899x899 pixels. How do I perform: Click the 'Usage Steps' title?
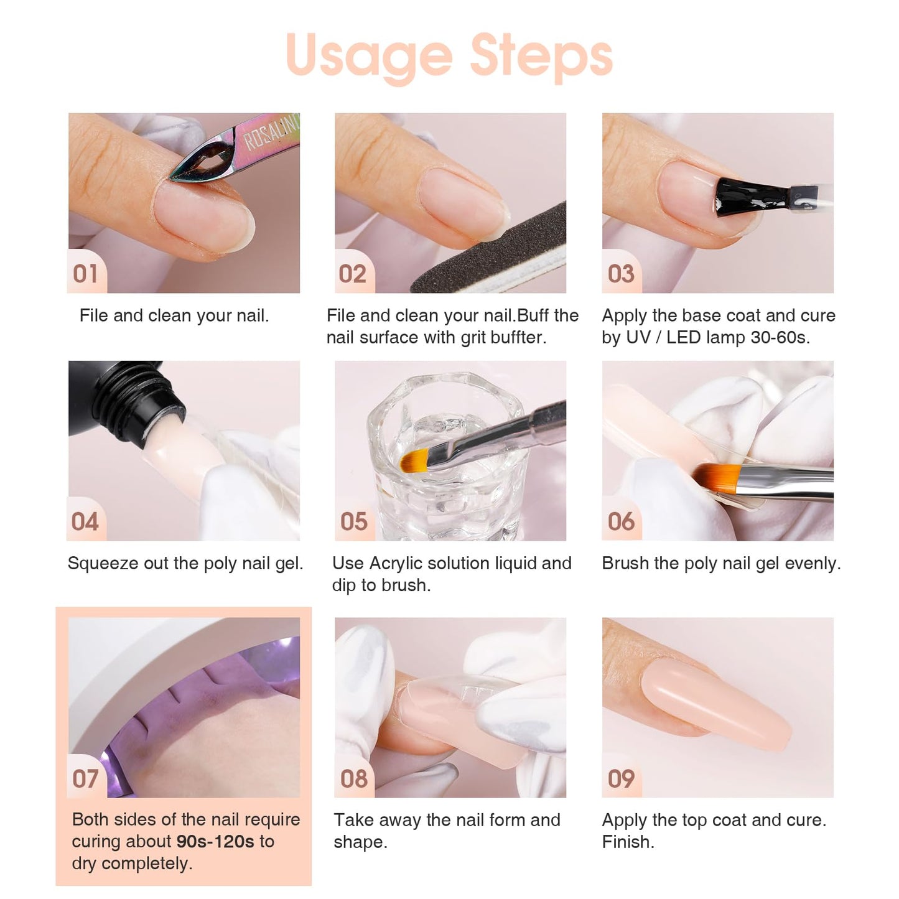[449, 56]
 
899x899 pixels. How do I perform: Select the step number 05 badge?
[353, 521]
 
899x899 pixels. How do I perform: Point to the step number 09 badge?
[621, 778]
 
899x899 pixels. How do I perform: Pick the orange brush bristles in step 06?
[715, 476]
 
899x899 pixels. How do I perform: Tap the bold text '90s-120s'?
[215, 842]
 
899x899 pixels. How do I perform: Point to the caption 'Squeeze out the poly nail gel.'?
[185, 564]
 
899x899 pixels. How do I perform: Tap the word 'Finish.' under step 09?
[628, 842]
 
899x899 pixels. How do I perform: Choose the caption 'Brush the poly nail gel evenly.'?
[721, 564]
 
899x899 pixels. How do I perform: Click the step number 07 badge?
[86, 778]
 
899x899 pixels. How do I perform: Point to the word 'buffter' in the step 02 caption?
[517, 338]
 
